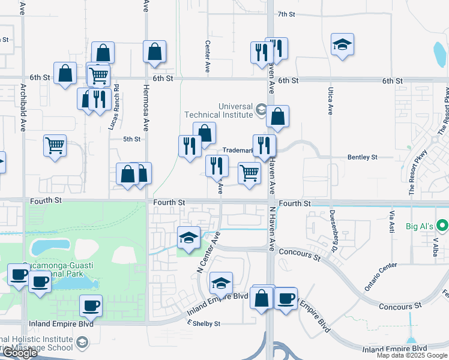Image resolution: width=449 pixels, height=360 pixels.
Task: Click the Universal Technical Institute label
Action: [x=218, y=109]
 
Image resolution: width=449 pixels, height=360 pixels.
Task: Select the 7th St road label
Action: [x=288, y=14]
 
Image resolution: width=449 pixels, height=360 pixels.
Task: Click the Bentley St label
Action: [x=362, y=157]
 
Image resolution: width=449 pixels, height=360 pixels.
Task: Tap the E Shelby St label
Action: [x=203, y=323]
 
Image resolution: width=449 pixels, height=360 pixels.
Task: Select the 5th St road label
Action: [x=131, y=139]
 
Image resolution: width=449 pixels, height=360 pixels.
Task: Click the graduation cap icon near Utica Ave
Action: [x=342, y=44]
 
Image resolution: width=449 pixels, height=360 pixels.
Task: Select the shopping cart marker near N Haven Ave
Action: [x=249, y=172]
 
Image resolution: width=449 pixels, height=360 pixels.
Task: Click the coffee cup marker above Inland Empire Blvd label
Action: [x=91, y=305]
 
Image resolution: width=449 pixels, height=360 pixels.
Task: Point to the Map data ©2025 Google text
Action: [x=411, y=355]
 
